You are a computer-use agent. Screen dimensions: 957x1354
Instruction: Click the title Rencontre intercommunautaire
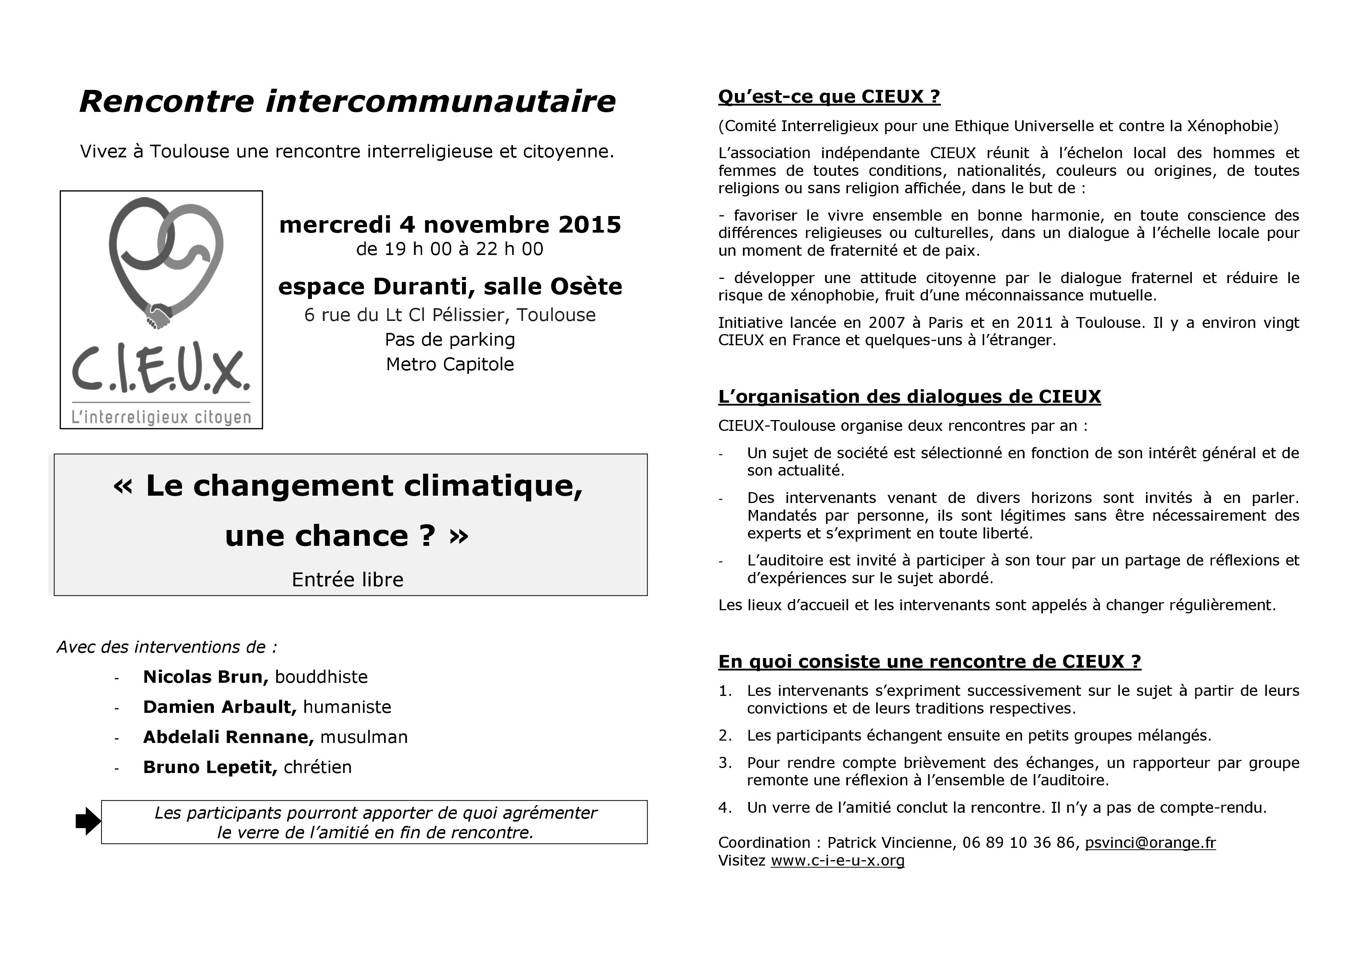347,101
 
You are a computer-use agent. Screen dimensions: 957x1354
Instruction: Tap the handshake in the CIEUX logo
158,316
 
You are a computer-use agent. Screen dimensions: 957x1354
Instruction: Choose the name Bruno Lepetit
209,767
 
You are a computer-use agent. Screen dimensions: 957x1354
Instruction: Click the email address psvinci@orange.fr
1150,843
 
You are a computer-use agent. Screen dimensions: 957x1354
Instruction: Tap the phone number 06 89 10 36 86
1019,843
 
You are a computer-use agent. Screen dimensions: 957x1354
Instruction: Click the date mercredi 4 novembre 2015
450,224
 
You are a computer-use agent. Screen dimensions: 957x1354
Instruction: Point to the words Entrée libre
347,580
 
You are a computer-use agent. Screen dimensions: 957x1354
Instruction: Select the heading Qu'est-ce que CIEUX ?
829,97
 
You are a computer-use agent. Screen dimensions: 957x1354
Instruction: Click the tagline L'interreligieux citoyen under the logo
161,418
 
